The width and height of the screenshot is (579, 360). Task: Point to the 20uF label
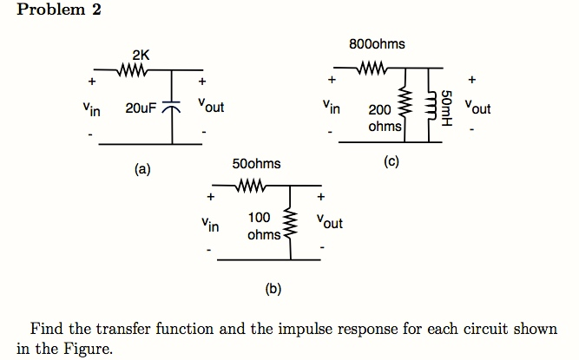[x=141, y=108]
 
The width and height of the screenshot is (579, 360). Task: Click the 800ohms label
[x=376, y=43]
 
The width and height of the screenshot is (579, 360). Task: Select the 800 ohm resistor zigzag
[x=374, y=68]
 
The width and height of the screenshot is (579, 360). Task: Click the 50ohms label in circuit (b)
[x=257, y=164]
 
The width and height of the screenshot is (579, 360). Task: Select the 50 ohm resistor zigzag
[x=250, y=185]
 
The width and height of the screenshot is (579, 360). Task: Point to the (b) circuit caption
[x=273, y=288]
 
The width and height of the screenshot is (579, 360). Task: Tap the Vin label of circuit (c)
[x=330, y=109]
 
